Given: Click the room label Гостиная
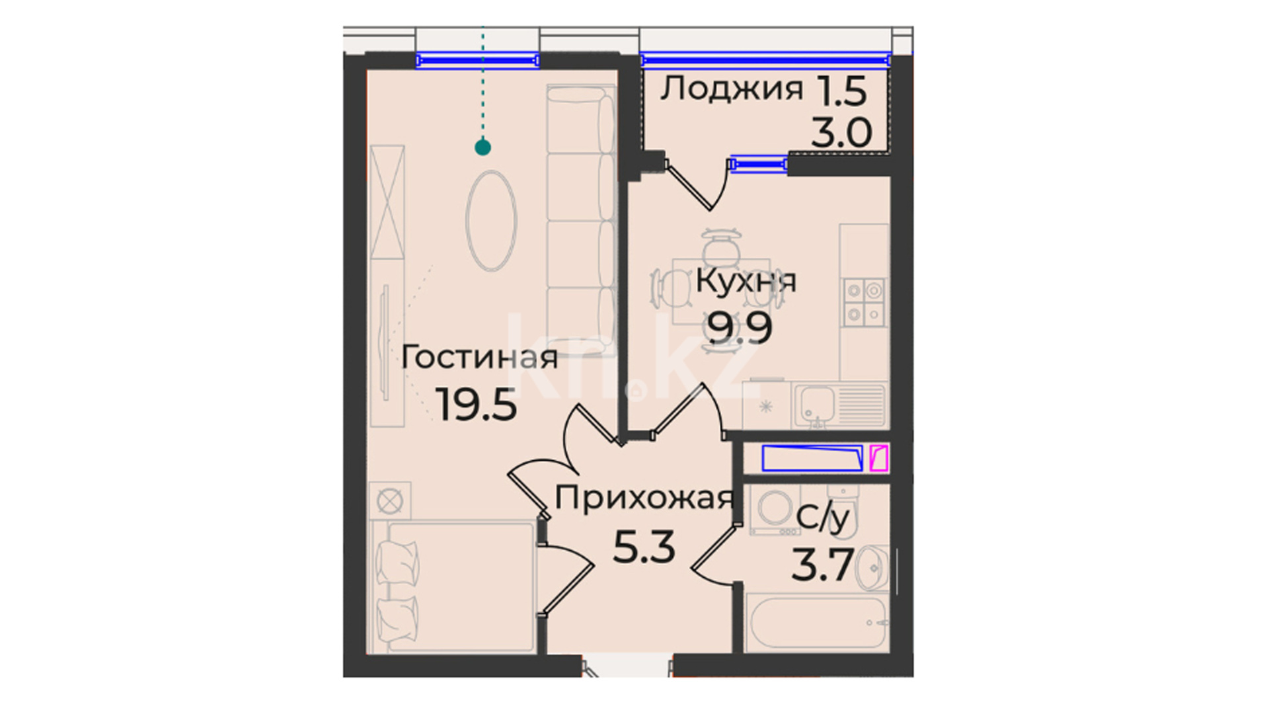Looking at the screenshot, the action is (480, 358).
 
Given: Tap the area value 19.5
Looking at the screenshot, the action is (476, 405).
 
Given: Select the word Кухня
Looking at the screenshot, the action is (746, 281).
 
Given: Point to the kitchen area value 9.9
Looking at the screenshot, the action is (740, 328).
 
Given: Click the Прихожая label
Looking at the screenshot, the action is (644, 498).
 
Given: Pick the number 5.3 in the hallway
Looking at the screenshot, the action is (644, 547).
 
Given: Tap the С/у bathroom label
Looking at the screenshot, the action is (822, 518).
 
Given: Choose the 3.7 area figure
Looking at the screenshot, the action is (823, 565).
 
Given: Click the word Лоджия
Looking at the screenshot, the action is (732, 88).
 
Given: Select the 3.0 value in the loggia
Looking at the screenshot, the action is (842, 133).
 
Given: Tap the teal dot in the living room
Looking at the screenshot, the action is (482, 147).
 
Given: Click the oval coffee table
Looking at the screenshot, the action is (491, 221).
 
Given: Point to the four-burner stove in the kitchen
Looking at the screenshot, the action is (865, 302).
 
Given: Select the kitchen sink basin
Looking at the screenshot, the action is (817, 405).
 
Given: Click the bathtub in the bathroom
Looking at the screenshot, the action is (817, 623).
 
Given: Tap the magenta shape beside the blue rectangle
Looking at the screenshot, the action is (878, 458).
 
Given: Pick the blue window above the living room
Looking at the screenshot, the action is (477, 61).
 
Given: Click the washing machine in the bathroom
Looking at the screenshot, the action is (773, 511).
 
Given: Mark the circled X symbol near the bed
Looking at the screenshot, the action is (389, 501).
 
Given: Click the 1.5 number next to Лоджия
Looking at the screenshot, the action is (841, 91).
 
